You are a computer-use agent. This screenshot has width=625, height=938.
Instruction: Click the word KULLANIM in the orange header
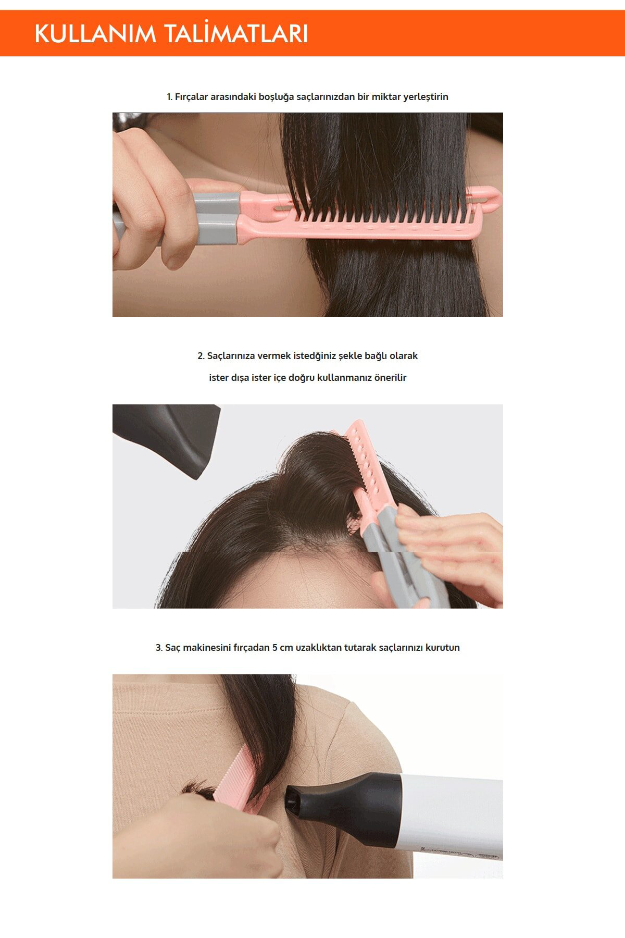coord(95,34)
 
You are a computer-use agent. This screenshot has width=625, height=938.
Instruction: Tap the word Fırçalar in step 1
coord(190,97)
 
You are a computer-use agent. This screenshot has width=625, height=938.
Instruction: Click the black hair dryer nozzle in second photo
coord(167,438)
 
